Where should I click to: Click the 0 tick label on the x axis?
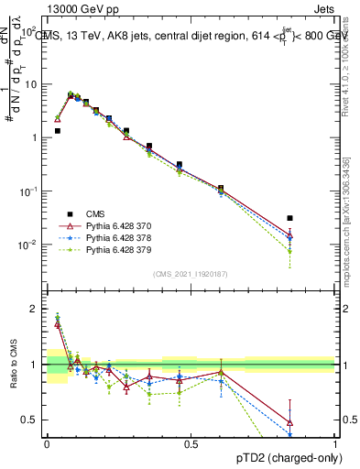click(47, 443)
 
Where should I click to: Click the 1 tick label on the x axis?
click(334, 443)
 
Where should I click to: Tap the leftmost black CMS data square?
click(57, 131)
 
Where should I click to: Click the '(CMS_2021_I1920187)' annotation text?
click(190, 274)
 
